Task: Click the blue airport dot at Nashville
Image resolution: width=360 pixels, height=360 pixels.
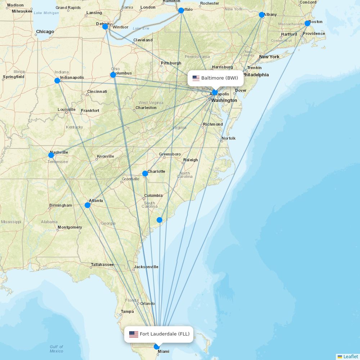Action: click(51, 155)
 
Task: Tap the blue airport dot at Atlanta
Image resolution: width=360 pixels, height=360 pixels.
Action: click(87, 205)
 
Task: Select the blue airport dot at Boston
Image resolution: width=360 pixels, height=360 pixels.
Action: click(307, 23)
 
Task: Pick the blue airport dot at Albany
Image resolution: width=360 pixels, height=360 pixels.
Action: click(262, 15)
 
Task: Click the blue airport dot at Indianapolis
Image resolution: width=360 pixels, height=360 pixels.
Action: click(57, 81)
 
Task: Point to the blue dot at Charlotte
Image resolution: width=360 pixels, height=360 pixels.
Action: click(145, 174)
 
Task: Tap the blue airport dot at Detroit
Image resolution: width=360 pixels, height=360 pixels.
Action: click(105, 27)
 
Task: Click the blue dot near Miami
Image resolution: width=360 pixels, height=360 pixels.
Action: click(157, 347)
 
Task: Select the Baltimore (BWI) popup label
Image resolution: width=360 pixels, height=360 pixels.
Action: click(216, 78)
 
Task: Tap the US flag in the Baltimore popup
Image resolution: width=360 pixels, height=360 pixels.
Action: click(196, 78)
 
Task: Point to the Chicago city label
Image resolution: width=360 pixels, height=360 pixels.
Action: click(45, 32)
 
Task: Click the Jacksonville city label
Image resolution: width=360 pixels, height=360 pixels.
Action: click(146, 267)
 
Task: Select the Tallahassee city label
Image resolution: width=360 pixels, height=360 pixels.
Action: click(102, 265)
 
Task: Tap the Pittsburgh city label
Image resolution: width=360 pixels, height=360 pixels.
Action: click(171, 63)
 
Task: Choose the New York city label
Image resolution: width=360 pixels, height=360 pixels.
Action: click(269, 57)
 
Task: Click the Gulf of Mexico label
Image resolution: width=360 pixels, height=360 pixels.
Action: click(57, 349)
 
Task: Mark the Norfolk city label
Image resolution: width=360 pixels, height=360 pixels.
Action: click(229, 138)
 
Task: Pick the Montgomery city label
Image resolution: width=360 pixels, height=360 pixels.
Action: click(70, 227)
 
